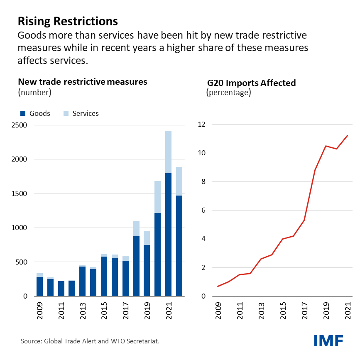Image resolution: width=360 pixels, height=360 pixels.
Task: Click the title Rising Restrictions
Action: (68, 21)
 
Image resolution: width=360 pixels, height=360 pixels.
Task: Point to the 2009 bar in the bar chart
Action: (40, 287)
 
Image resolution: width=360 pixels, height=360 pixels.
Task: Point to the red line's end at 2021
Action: (347, 136)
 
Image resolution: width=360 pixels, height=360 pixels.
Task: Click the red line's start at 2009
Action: (218, 286)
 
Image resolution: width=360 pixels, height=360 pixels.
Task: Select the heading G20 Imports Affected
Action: (251, 83)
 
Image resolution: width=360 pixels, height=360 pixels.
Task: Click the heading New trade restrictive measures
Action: (82, 81)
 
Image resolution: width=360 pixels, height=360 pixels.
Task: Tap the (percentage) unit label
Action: (228, 92)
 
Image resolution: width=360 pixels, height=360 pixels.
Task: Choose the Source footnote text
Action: (90, 341)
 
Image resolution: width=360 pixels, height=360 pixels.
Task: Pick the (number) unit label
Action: (34, 92)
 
